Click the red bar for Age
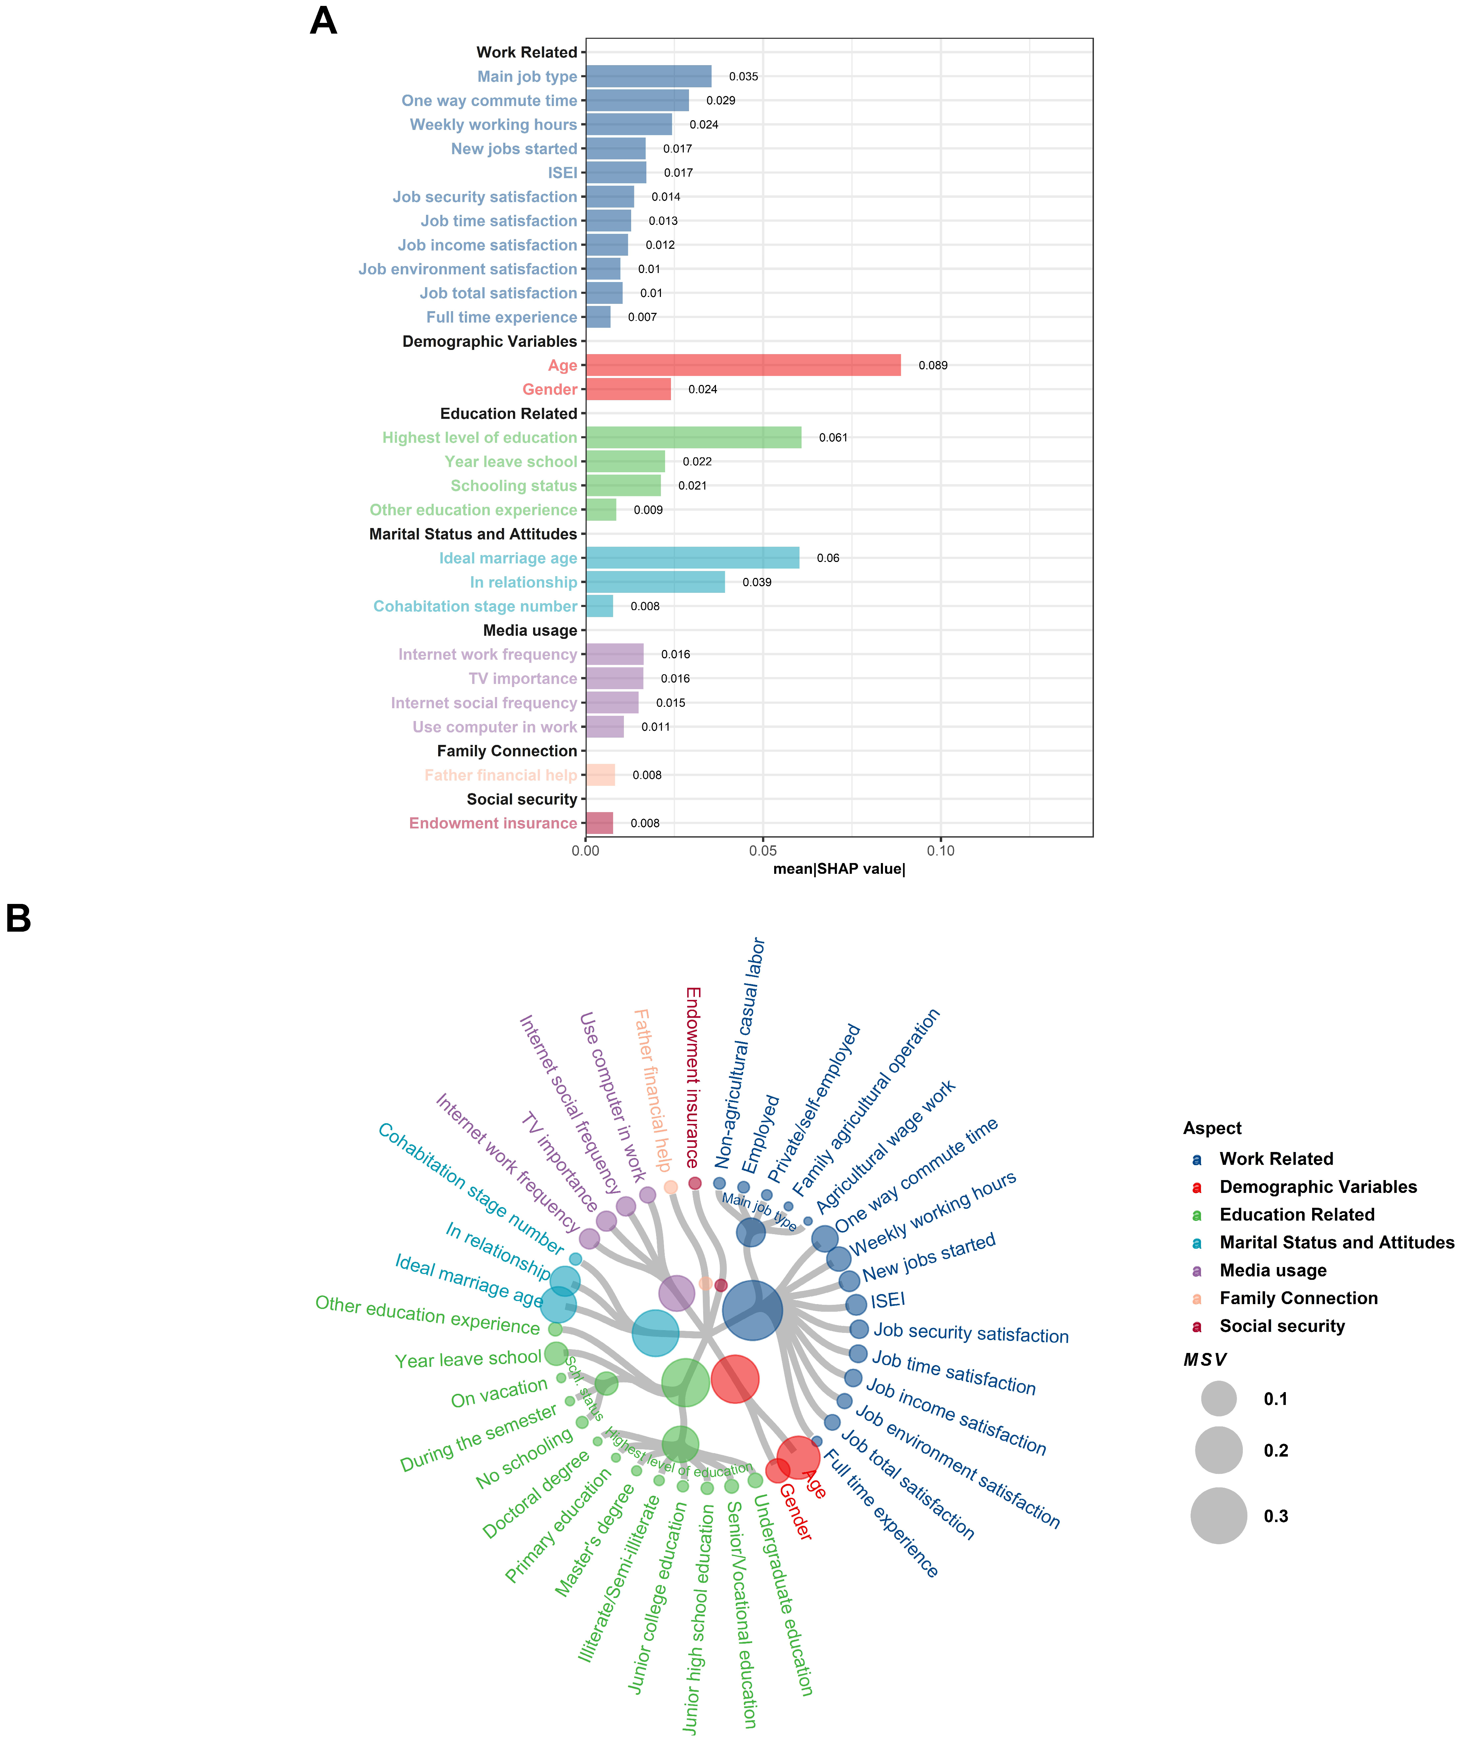pyautogui.click(x=743, y=365)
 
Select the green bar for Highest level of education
pyautogui.click(x=693, y=437)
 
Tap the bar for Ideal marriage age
pyautogui.click(x=692, y=558)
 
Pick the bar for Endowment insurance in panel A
pyautogui.click(x=599, y=823)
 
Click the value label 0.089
pyautogui.click(x=932, y=366)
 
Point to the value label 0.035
pyautogui.click(x=744, y=76)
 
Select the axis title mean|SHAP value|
pyautogui.click(x=839, y=869)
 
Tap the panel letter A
pyautogui.click(x=323, y=21)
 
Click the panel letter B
pyautogui.click(x=18, y=918)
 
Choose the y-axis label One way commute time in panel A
pyautogui.click(x=489, y=100)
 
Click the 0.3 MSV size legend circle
pyautogui.click(x=1219, y=1515)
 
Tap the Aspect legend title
pyautogui.click(x=1212, y=1128)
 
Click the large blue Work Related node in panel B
pyautogui.click(x=752, y=1310)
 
